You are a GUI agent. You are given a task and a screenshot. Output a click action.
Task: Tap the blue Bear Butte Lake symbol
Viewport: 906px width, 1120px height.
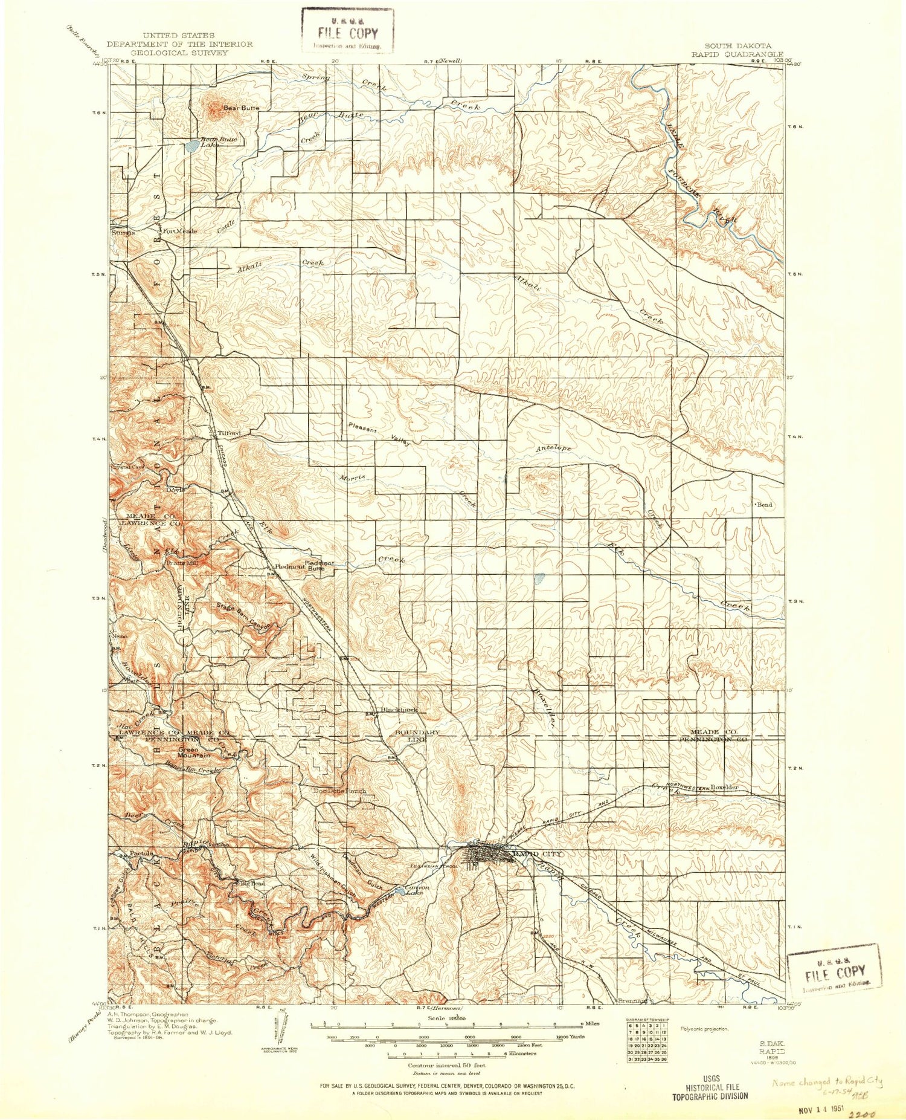coord(191,146)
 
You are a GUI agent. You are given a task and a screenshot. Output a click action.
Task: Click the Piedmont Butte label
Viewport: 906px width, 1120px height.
coord(319,566)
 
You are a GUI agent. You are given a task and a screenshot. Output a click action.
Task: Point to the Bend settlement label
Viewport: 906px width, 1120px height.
coord(764,505)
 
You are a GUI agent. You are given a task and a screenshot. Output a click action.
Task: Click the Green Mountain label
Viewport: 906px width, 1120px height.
coord(193,753)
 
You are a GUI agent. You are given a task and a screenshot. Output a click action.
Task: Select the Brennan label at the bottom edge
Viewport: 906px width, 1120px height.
coord(632,1000)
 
